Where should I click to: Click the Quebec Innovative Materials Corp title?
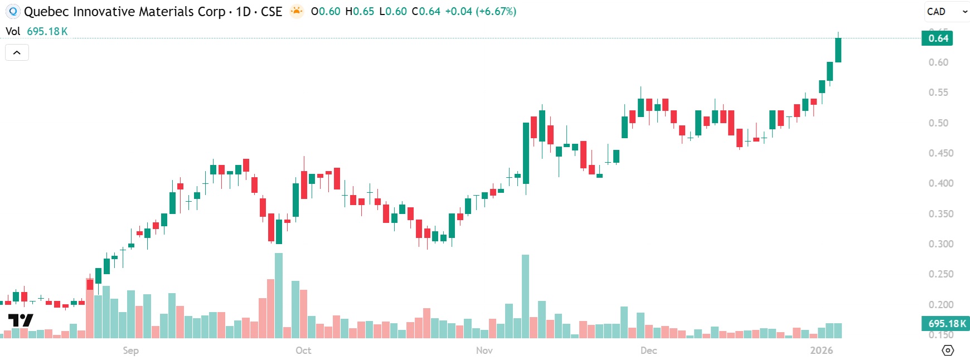click(124, 11)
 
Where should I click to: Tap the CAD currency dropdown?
click(946, 11)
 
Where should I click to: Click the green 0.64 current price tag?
click(938, 38)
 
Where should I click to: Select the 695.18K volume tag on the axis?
click(946, 324)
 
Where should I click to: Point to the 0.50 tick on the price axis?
click(938, 123)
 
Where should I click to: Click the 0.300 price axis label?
click(940, 244)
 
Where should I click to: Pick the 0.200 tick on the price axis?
click(940, 304)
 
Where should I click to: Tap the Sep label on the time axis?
click(130, 351)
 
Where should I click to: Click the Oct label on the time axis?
click(303, 351)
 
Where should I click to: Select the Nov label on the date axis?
click(484, 351)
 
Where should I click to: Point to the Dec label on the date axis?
click(648, 351)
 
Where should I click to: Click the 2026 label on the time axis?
click(821, 351)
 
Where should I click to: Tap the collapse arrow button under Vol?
click(17, 52)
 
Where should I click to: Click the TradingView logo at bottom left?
click(21, 320)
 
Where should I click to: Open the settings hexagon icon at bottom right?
click(947, 351)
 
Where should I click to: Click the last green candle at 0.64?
click(838, 50)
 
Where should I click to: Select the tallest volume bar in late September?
click(279, 295)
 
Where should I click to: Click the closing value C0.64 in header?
click(426, 11)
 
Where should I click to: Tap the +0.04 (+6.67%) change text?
click(481, 11)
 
